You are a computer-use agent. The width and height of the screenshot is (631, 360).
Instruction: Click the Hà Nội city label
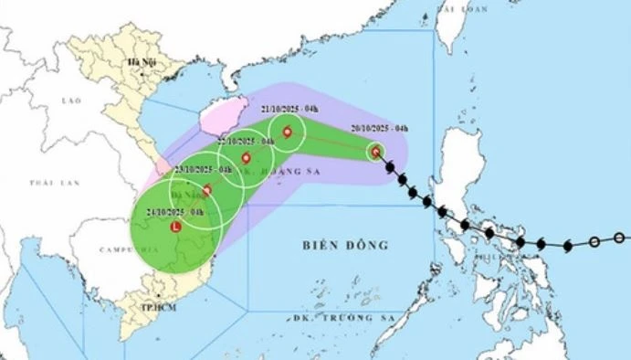pyautogui.click(x=141, y=62)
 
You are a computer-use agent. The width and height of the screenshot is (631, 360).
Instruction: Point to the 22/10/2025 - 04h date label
pyautogui.click(x=246, y=143)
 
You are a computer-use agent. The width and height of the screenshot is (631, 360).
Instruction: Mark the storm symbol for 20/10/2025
pyautogui.click(x=376, y=152)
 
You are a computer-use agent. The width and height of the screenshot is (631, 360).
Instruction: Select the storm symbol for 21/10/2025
pyautogui.click(x=289, y=133)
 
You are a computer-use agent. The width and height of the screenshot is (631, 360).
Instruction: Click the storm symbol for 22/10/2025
pyautogui.click(x=246, y=158)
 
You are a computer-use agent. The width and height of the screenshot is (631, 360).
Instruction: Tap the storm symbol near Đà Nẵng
pyautogui.click(x=207, y=191)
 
